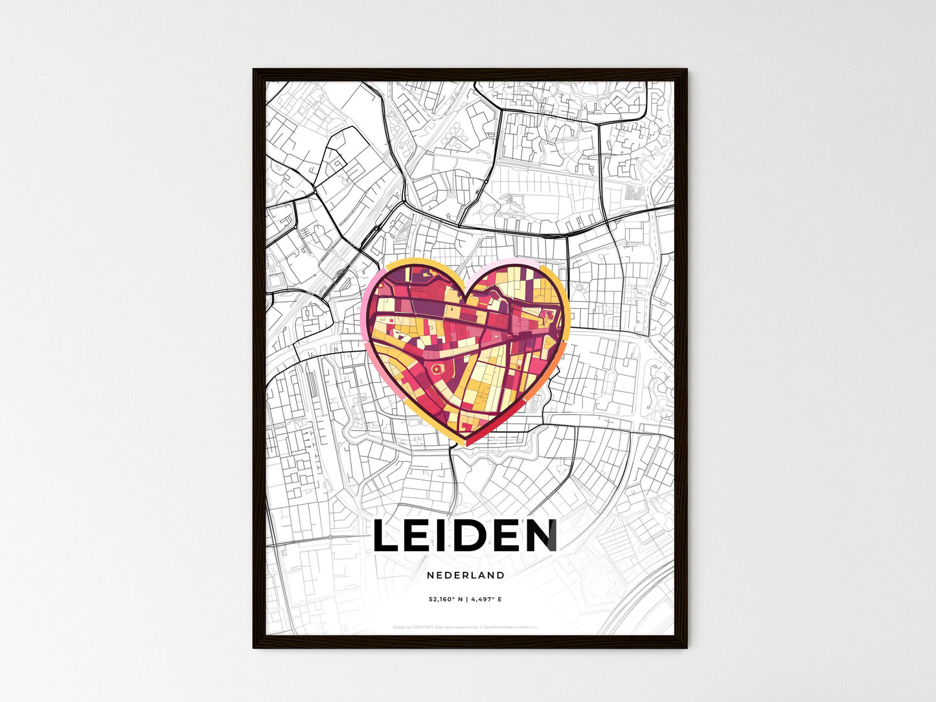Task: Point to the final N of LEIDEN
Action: [x=540, y=536]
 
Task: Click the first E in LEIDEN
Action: [x=422, y=536]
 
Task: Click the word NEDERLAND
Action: [x=466, y=575]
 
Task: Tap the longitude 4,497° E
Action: [x=486, y=600]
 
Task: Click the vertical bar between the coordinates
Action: [x=466, y=600]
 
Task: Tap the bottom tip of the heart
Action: [x=466, y=444]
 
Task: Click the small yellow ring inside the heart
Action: [x=435, y=369]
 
